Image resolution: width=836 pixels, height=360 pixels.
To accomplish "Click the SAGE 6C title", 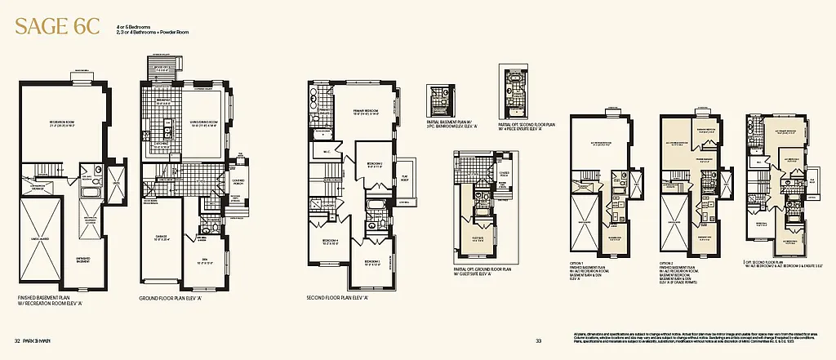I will (55, 25).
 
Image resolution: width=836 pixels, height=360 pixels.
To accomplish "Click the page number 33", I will (539, 341).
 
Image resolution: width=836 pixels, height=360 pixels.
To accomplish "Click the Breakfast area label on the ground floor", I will (162, 100).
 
